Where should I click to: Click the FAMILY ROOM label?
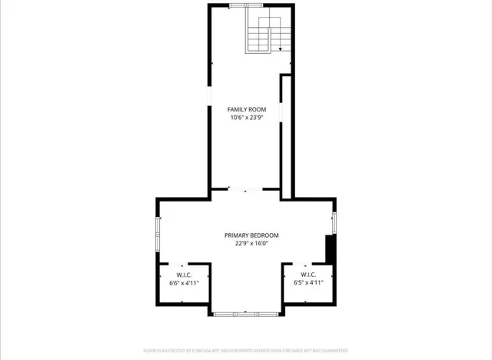click(x=246, y=110)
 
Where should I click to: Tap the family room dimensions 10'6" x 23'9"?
click(x=246, y=118)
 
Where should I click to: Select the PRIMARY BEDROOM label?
click(x=251, y=235)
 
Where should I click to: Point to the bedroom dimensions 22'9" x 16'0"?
click(x=251, y=244)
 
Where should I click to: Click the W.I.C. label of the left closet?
click(x=184, y=275)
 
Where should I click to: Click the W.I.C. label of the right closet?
click(x=308, y=275)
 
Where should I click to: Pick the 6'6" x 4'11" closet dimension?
click(x=184, y=283)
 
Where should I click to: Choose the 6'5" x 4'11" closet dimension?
click(x=308, y=283)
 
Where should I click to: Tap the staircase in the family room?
click(x=264, y=34)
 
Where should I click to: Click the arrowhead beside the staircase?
click(x=281, y=48)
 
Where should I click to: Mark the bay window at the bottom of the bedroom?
click(x=246, y=313)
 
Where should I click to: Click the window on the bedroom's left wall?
click(x=158, y=233)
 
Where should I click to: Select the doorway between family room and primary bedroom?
click(x=246, y=189)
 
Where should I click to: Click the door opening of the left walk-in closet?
click(x=184, y=264)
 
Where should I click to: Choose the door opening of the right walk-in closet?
click(x=308, y=264)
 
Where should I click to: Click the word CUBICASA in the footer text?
click(x=201, y=351)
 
